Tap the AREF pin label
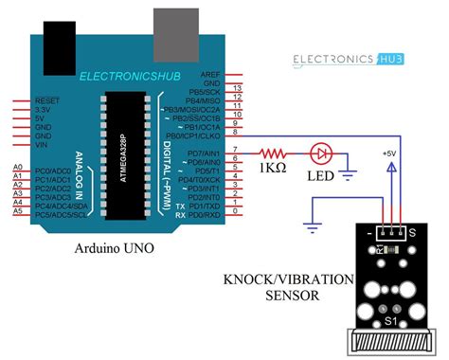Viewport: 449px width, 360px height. (210, 74)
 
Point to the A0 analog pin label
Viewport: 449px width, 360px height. (17, 168)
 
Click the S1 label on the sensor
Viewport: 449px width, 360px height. (394, 323)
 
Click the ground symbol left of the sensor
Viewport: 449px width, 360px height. (310, 227)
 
